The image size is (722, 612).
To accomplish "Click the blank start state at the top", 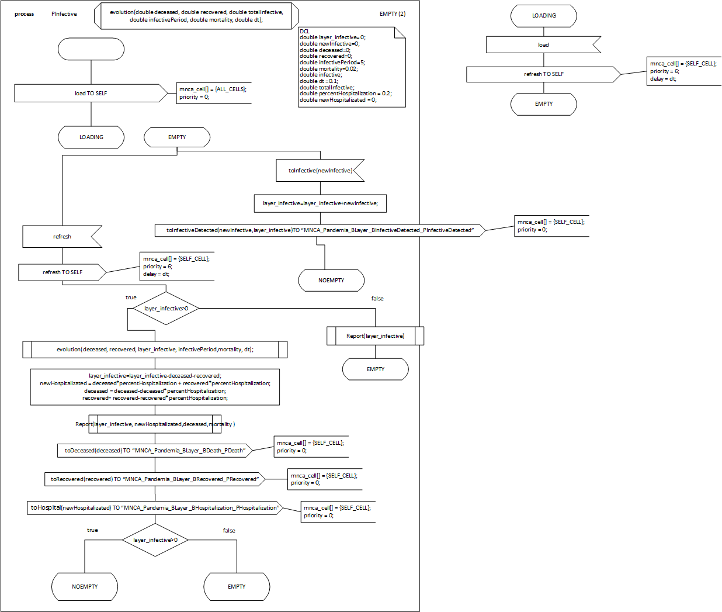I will point(91,49).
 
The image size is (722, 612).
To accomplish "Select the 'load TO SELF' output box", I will point(91,93).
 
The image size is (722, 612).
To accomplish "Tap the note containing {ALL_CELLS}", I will point(214,93).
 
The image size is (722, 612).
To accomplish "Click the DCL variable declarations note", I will point(352,67).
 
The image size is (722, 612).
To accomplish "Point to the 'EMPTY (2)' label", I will point(393,13).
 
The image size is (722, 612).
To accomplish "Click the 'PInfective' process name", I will point(64,14).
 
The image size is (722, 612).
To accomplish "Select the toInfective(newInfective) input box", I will point(320,171).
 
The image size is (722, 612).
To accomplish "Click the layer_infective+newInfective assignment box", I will point(320,203).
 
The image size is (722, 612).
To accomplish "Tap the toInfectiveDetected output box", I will point(320,230).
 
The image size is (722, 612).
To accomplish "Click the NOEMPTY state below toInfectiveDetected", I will point(331,281).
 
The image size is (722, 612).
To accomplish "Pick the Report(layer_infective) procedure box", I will point(375,336).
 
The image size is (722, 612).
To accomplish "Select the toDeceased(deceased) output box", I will point(155,451).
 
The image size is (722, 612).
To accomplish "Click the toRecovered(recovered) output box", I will point(155,479).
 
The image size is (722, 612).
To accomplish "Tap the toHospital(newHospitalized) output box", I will point(155,508).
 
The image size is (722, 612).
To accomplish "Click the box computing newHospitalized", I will point(155,387).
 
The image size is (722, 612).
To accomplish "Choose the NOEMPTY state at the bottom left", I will point(85,587).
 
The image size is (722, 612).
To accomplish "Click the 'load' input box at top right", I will point(543,45).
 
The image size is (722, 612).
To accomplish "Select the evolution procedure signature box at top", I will point(196,16).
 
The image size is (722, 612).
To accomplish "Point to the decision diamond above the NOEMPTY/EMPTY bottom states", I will point(155,540).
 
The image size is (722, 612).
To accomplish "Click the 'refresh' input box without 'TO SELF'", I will point(62,237).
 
